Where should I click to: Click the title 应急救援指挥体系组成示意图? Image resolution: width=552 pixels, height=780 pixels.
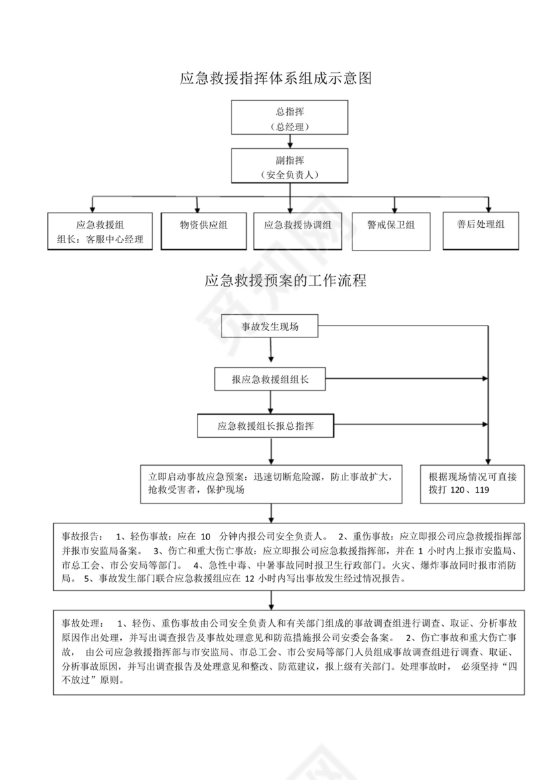click(x=275, y=78)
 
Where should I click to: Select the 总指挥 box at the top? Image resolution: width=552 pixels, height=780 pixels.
click(x=289, y=118)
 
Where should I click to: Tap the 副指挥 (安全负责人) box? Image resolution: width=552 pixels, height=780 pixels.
click(x=289, y=167)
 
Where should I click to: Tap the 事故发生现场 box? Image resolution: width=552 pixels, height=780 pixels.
click(x=270, y=327)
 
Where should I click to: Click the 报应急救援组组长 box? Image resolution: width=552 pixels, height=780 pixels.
click(x=269, y=379)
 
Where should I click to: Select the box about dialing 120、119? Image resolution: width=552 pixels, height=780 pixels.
click(x=473, y=483)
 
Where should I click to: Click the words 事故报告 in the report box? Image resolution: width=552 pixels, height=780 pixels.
click(x=81, y=536)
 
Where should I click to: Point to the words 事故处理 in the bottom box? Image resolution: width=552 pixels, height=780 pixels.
click(x=81, y=624)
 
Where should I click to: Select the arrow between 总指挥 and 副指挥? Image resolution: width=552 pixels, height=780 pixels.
click(x=289, y=142)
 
